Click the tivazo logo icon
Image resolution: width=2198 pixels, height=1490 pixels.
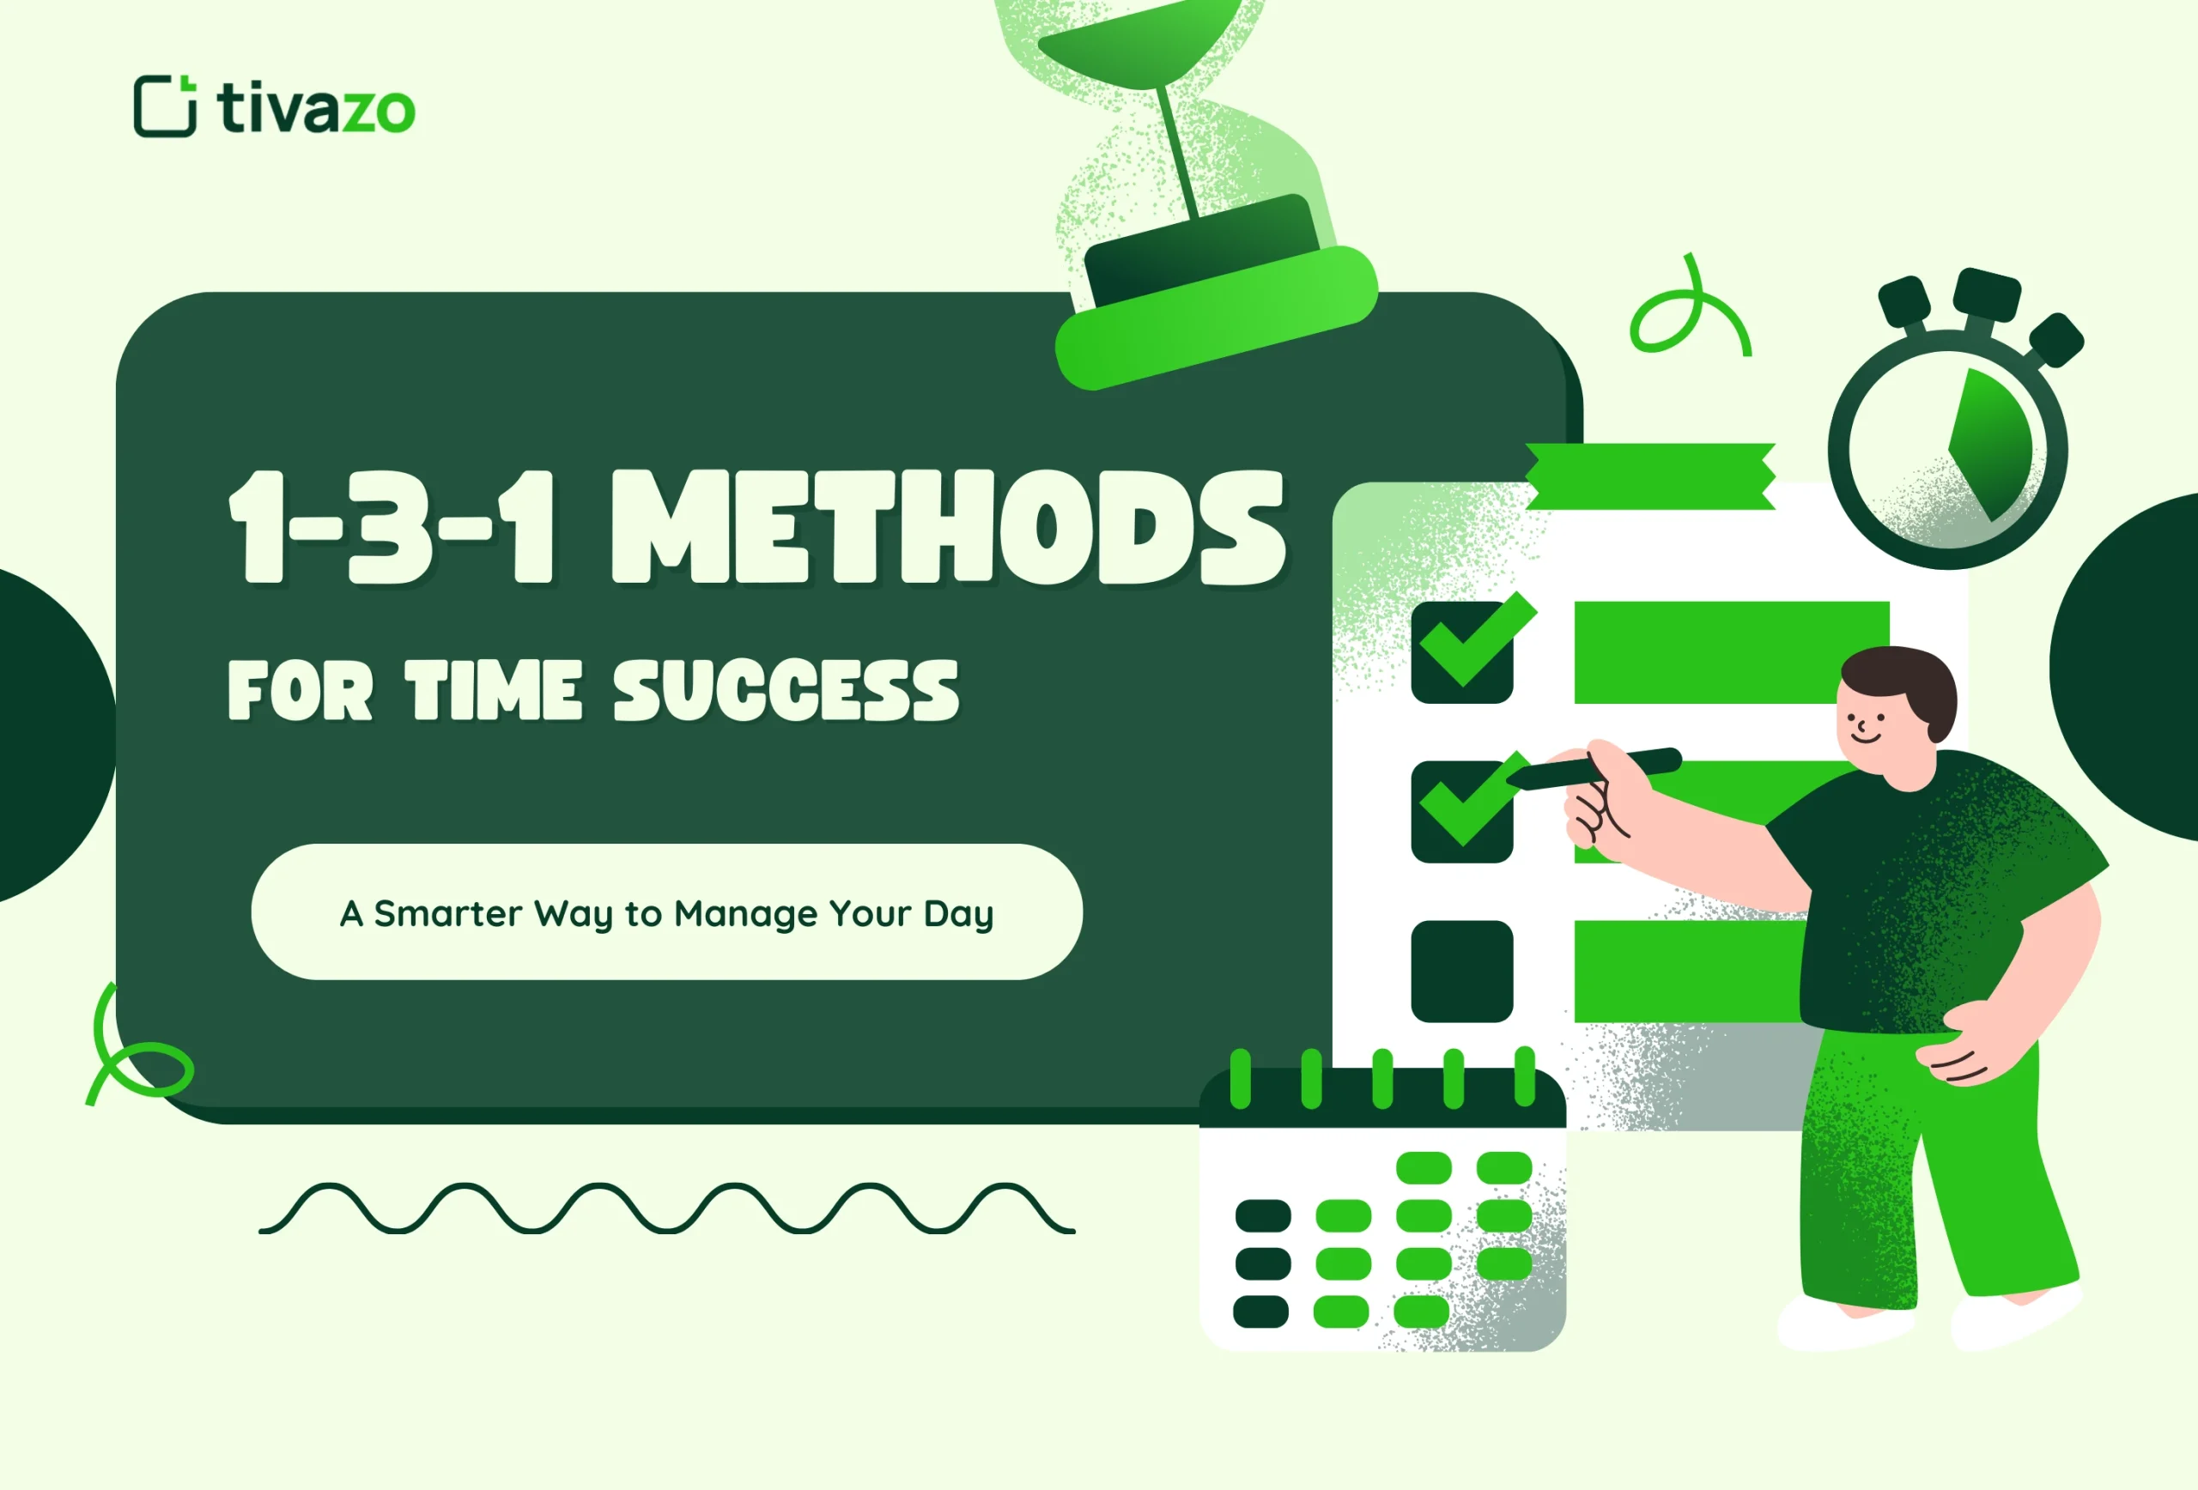[165, 106]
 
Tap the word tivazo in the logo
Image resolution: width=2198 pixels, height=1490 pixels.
[316, 109]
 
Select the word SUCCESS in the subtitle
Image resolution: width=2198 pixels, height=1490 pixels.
[786, 690]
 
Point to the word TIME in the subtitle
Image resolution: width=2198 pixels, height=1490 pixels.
[493, 690]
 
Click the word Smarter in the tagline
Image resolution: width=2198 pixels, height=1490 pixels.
[447, 913]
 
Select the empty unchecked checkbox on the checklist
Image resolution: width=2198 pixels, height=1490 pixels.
[1461, 971]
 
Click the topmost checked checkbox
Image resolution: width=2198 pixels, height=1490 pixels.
[1461, 652]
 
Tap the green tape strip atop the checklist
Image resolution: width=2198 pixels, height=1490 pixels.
[1649, 476]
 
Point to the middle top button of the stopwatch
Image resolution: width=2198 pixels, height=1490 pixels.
[1986, 295]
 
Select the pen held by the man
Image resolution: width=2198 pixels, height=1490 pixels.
[1599, 770]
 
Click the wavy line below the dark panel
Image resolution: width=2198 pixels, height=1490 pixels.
[667, 1208]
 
